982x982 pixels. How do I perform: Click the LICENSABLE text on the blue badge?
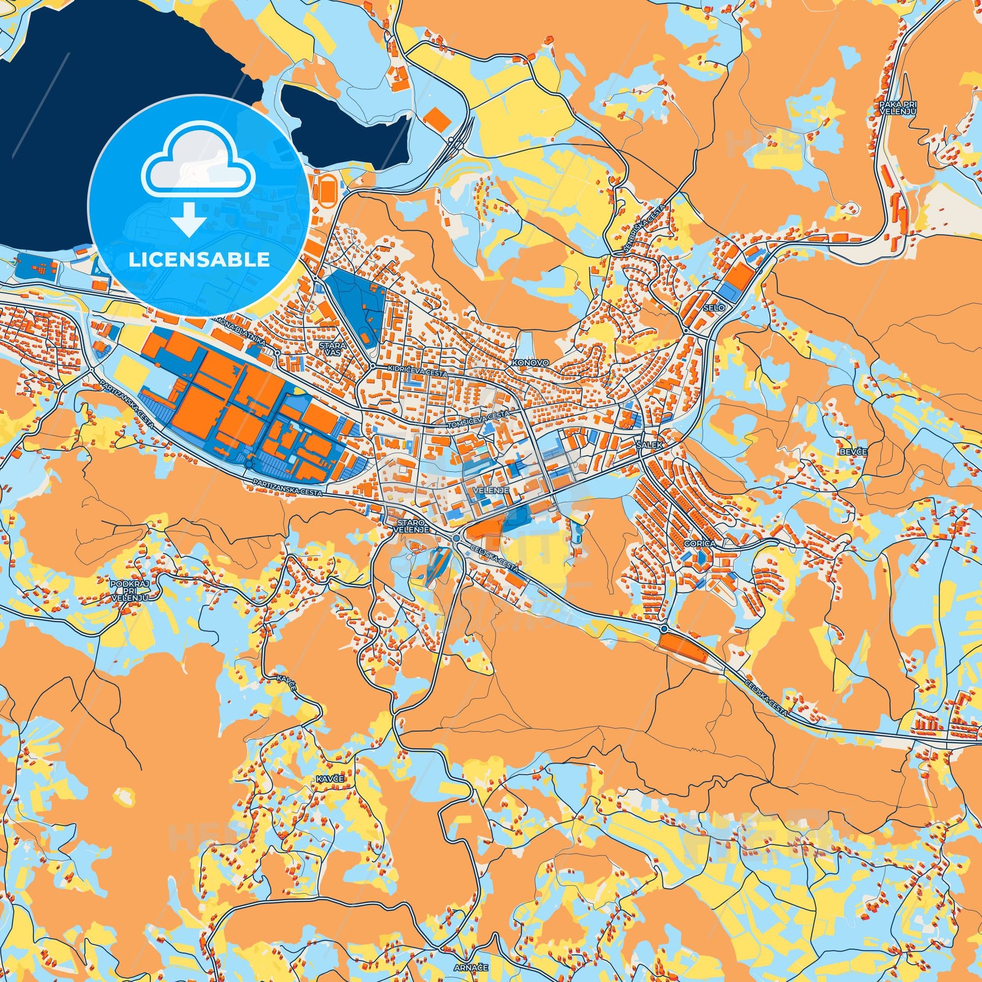click(199, 260)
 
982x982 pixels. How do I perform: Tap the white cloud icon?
click(199, 170)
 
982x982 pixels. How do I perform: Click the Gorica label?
click(700, 543)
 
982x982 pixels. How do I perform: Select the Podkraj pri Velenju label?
click(131, 591)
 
